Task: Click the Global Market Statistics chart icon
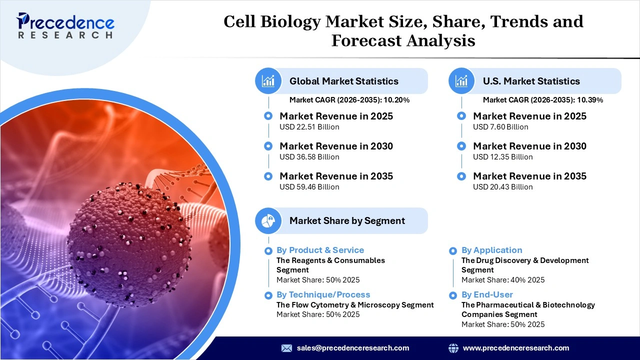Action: click(x=268, y=81)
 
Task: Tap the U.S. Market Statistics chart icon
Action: click(x=461, y=81)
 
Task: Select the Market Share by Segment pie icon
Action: click(x=268, y=220)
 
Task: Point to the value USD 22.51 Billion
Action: click(x=309, y=127)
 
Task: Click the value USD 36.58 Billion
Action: click(x=309, y=157)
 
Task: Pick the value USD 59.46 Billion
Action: click(x=309, y=187)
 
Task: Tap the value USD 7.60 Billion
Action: click(x=500, y=127)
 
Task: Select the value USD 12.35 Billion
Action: click(x=503, y=157)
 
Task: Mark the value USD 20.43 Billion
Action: click(x=503, y=187)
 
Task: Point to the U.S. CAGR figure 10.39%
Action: click(x=590, y=100)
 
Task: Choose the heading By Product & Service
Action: click(x=320, y=250)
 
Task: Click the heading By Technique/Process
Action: click(x=323, y=294)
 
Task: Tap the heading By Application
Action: click(x=491, y=250)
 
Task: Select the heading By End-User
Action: click(x=487, y=294)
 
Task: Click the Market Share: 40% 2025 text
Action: click(x=503, y=280)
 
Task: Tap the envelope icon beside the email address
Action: click(x=286, y=348)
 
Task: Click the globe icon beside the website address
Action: click(x=453, y=348)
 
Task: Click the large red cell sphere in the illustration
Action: click(x=129, y=237)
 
